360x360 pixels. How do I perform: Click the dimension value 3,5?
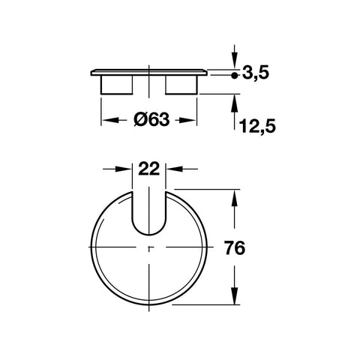(x=256, y=73)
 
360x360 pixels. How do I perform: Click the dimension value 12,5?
(x=257, y=127)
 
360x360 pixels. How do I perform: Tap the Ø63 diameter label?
(x=151, y=118)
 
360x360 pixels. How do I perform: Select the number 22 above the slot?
(x=148, y=169)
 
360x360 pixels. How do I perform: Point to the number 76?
(x=235, y=248)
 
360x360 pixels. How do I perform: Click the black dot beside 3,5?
(x=234, y=75)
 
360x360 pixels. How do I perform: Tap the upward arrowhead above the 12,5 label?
(x=234, y=103)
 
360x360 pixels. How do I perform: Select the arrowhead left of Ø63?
(x=110, y=120)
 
